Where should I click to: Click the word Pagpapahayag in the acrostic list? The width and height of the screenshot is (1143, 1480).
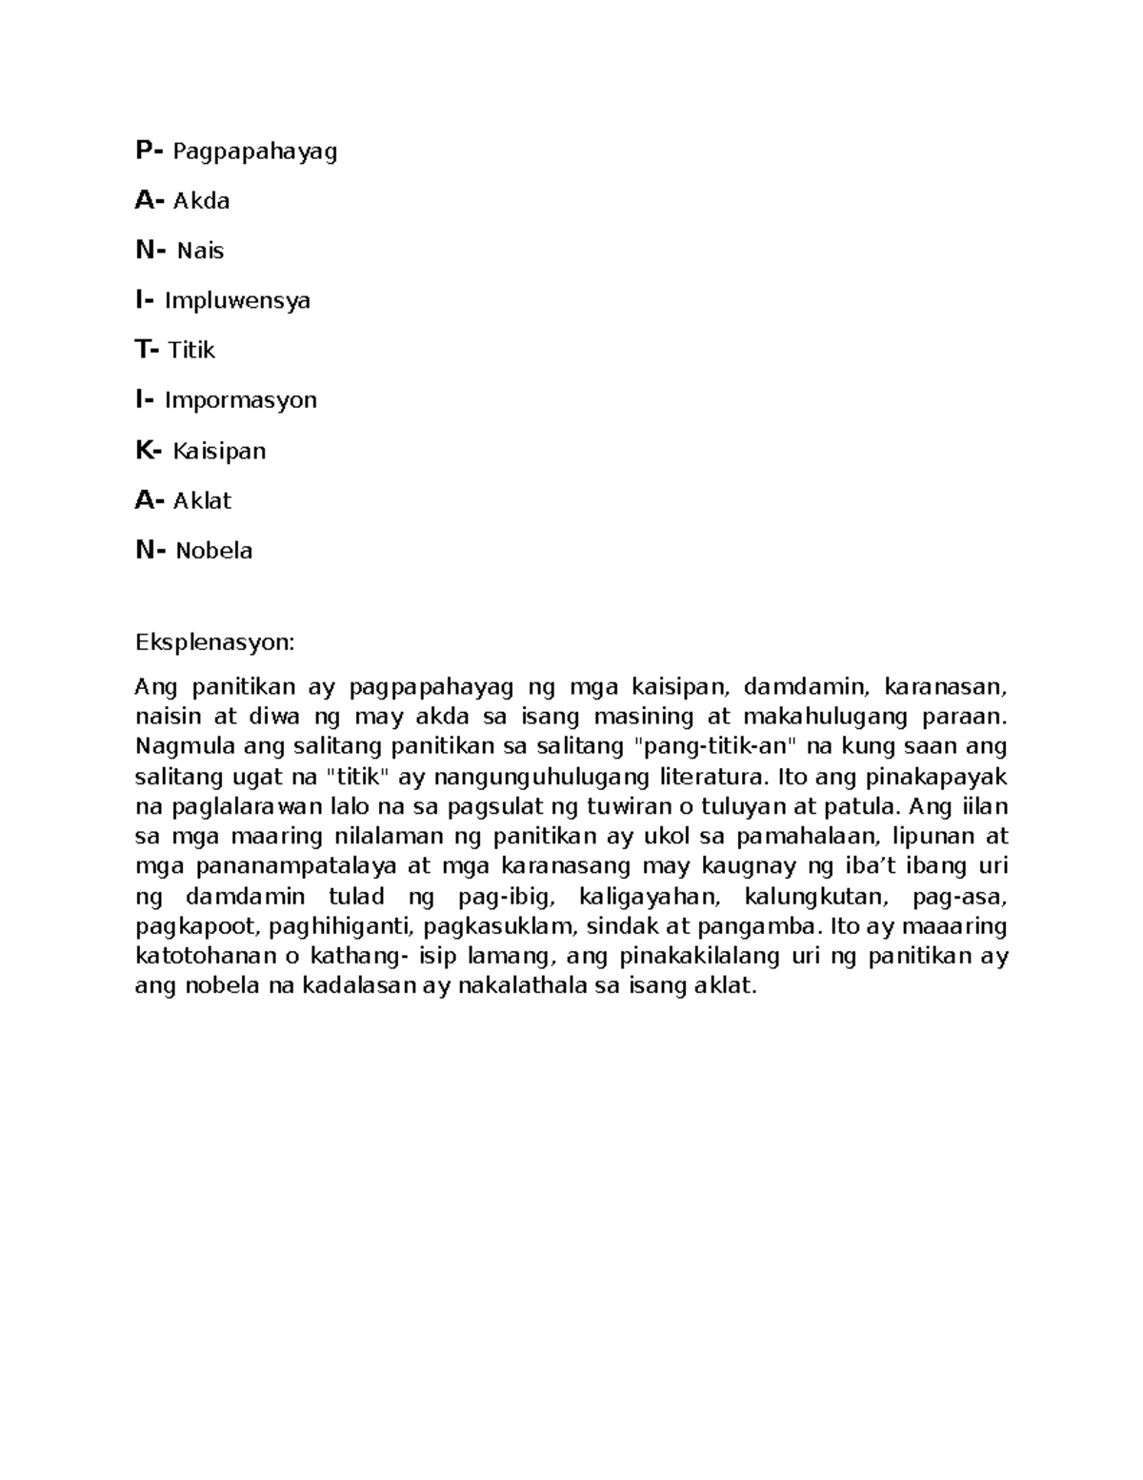[254, 152]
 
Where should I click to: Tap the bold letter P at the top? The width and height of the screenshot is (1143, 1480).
[144, 151]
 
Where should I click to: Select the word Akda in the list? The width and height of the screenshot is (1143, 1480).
[201, 201]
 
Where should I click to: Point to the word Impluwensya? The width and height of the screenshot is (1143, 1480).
[237, 301]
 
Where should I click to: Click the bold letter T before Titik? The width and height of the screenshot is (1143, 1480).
[143, 350]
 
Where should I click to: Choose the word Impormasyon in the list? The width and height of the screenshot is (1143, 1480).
[240, 400]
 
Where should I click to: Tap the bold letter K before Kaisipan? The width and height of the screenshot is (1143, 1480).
[144, 450]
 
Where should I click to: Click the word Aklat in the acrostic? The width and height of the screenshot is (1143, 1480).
[202, 500]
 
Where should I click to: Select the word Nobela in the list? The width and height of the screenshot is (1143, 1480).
[213, 551]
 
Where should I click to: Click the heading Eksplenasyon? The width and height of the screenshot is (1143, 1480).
[214, 642]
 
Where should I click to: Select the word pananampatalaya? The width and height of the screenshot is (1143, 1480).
[298, 866]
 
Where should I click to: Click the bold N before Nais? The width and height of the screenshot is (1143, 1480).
[145, 251]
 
